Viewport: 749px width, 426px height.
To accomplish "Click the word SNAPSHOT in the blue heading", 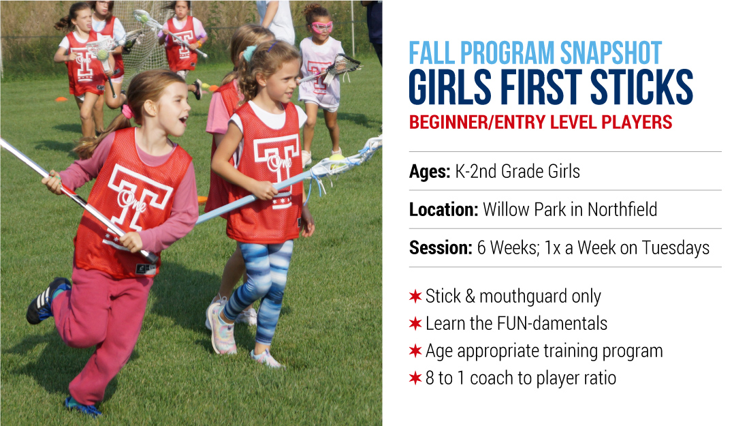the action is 611,53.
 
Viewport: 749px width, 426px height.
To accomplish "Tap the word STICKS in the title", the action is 641,87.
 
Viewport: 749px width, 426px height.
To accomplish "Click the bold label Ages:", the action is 430,172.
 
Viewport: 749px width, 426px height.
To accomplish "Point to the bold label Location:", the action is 444,209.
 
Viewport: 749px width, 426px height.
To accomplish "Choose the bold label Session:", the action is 441,247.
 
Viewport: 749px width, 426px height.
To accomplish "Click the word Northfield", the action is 622,209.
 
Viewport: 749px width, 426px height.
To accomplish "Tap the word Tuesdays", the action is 675,248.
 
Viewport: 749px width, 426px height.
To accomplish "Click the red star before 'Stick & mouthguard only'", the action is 415,296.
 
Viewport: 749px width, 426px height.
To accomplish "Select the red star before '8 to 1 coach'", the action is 415,378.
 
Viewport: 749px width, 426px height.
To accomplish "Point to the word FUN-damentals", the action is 552,324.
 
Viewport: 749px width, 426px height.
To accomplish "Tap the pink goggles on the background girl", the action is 322,27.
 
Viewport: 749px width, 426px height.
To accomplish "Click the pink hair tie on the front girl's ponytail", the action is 127,111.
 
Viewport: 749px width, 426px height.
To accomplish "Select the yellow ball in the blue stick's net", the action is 337,158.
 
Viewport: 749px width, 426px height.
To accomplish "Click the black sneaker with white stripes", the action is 46,301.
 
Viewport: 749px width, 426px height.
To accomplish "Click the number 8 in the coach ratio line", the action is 430,378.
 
